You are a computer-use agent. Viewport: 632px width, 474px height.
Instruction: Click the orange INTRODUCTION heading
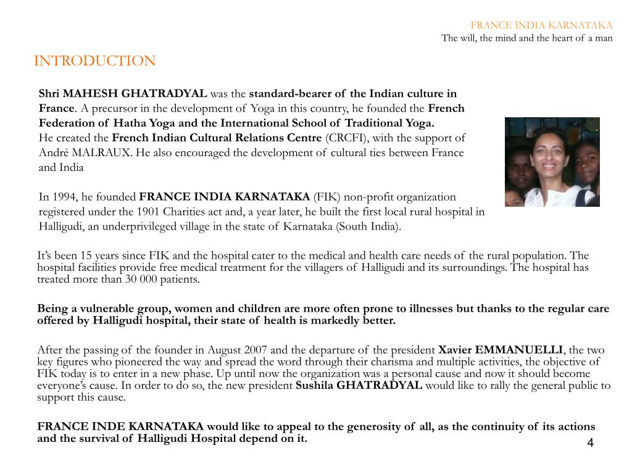point(94,61)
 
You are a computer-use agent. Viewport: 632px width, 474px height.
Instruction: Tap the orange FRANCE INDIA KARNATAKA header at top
point(541,25)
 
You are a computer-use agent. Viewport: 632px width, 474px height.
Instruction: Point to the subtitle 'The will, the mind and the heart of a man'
point(526,38)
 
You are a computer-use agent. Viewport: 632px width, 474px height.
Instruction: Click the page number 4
point(590,443)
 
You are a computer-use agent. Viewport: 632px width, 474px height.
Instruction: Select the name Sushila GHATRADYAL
point(359,386)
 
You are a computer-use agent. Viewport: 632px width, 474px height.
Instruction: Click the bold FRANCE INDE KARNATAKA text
point(120,426)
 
